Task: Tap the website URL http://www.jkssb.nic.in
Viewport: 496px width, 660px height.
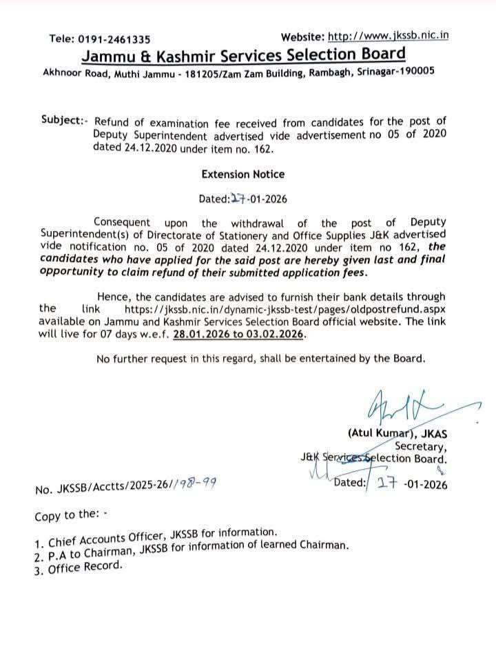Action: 388,36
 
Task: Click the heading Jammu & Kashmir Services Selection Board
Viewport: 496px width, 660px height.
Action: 244,54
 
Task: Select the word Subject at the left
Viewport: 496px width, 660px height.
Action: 62,119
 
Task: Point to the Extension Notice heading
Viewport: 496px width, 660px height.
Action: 242,174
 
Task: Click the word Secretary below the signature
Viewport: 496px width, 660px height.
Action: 420,446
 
